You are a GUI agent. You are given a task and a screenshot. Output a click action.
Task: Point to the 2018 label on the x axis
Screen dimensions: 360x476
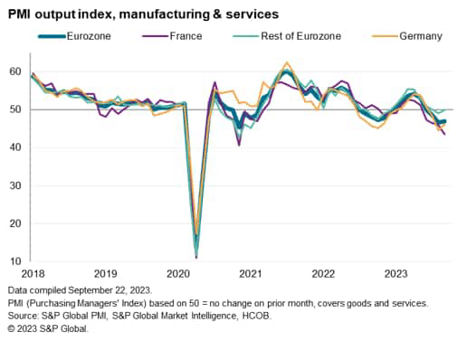click(33, 273)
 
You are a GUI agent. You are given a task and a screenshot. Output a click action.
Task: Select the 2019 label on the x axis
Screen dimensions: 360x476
click(106, 273)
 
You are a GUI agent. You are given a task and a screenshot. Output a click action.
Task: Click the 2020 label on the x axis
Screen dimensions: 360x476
click(178, 273)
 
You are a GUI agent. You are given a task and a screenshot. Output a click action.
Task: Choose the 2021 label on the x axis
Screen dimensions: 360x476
click(251, 273)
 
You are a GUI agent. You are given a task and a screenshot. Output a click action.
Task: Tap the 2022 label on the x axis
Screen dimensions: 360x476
click(323, 273)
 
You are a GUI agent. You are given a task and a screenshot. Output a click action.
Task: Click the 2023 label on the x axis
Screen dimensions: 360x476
click(395, 273)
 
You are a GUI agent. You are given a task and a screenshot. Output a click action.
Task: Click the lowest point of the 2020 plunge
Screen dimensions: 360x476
click(196, 257)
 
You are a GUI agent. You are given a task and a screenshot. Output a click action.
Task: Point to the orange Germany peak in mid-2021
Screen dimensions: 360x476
click(287, 62)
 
